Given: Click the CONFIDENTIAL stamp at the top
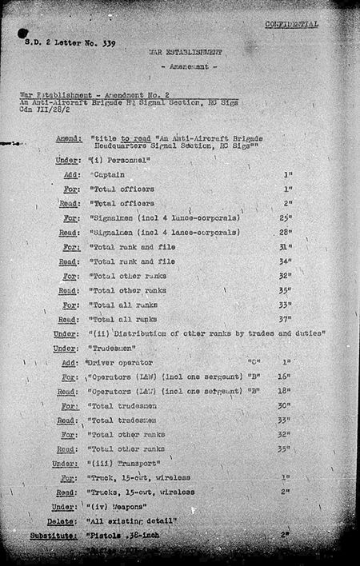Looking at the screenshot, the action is [291, 24].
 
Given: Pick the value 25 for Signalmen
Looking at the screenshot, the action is [284, 217].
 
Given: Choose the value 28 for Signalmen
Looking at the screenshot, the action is [284, 232].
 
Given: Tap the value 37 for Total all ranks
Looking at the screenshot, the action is [284, 318].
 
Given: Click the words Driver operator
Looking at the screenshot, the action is [118, 363].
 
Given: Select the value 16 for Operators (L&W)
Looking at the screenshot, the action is [284, 377].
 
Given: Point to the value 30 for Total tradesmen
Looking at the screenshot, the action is [284, 405].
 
